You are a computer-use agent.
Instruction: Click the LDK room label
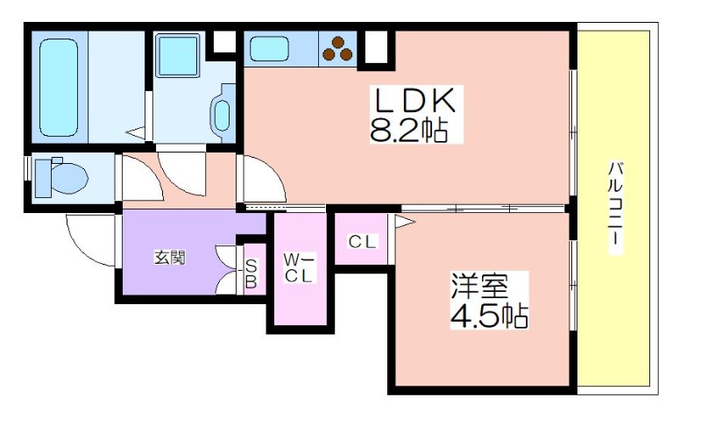tap(415, 101)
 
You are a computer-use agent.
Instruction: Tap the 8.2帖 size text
tap(409, 131)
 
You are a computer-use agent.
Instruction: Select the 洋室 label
tap(479, 287)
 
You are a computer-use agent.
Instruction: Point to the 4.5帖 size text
tap(489, 316)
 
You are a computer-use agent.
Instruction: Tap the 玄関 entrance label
tap(169, 258)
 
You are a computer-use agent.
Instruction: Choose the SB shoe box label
tap(251, 273)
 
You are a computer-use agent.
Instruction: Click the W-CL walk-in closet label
tap(299, 268)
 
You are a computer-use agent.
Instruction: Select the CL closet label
tap(363, 242)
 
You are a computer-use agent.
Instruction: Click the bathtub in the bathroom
tap(59, 88)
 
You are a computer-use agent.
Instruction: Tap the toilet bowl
tap(60, 178)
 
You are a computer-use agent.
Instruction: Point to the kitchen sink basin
tap(269, 48)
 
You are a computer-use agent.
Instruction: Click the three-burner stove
tap(337, 48)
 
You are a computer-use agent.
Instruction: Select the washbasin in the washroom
tap(222, 114)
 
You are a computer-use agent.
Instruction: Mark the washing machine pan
tap(177, 56)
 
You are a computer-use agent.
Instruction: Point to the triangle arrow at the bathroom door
tap(136, 132)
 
